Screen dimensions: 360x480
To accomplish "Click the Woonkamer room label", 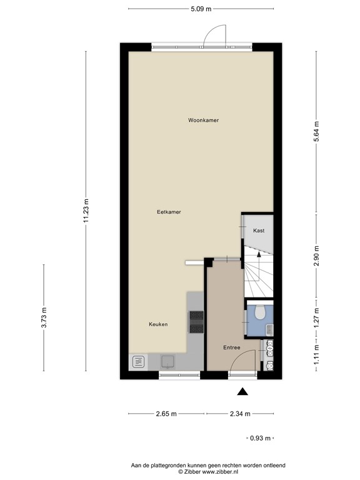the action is (x=203, y=120).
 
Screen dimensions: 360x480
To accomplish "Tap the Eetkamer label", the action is (x=169, y=212).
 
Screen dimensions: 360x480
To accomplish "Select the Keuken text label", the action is (x=158, y=324).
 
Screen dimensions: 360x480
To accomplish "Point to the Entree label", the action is (x=232, y=347).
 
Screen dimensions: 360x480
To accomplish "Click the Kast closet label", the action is (x=259, y=231).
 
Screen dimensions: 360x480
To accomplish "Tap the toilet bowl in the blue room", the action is (x=260, y=311).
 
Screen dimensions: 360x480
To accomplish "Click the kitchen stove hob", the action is (x=196, y=322).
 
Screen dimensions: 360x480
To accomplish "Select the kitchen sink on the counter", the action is (x=167, y=361).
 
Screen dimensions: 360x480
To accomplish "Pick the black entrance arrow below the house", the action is (x=242, y=391).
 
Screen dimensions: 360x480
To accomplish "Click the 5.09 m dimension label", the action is (x=201, y=9).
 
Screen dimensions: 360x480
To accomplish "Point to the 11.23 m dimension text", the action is (x=86, y=211).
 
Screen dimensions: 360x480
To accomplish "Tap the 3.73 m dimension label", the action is (x=44, y=317).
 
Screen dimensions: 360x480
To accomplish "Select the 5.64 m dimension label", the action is (x=316, y=131).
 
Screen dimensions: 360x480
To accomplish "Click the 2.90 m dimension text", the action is (x=316, y=256).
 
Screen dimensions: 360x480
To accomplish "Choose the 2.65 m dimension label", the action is (x=166, y=414).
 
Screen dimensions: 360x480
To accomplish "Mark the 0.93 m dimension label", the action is (x=260, y=438).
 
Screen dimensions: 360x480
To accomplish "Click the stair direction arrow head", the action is (x=259, y=254).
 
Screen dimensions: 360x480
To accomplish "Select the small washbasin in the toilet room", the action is (x=269, y=329).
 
